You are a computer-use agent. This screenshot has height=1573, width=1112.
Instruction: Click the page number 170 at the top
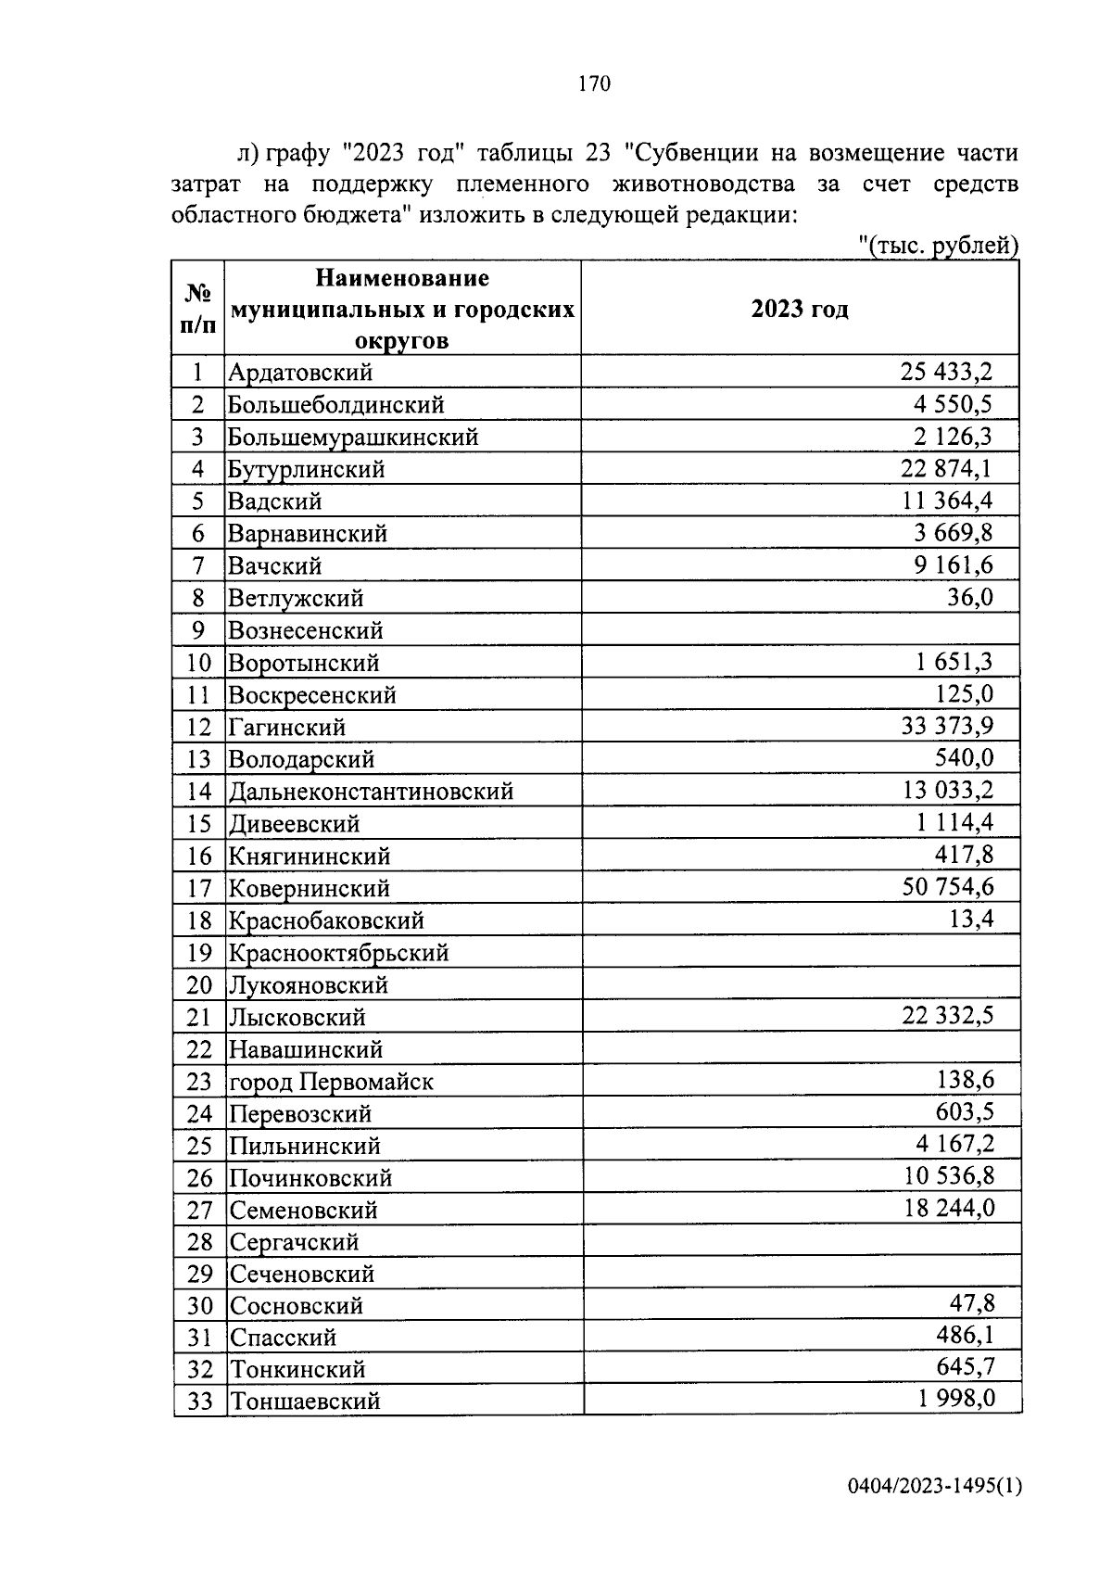[x=594, y=84]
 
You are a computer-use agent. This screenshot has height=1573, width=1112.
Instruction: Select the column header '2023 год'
[x=799, y=309]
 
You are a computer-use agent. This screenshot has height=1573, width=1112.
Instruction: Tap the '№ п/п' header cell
[x=198, y=309]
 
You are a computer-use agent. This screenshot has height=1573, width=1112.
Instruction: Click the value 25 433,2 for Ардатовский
[x=945, y=373]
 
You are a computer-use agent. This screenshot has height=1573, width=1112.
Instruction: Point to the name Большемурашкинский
[x=353, y=437]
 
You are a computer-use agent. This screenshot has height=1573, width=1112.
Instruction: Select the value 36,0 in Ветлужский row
[x=969, y=598]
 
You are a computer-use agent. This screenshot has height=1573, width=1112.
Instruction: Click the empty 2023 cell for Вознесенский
[x=801, y=630]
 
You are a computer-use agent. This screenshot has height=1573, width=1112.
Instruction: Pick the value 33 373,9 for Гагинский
[x=946, y=727]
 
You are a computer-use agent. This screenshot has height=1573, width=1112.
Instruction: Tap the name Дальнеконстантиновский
[x=371, y=792]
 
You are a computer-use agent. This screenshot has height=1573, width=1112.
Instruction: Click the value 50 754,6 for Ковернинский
[x=947, y=887]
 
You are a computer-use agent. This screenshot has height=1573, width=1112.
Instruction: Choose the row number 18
[x=199, y=920]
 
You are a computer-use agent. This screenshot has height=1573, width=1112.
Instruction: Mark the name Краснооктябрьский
[x=339, y=953]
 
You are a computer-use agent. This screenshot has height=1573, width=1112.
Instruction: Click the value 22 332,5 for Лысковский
[x=947, y=1016]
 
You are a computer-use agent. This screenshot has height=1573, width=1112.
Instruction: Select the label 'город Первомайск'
[x=331, y=1082]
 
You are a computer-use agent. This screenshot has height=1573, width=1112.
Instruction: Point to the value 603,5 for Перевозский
[x=964, y=1112]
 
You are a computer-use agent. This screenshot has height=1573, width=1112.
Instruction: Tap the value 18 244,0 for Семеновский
[x=949, y=1209]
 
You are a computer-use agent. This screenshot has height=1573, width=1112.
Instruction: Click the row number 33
[x=200, y=1402]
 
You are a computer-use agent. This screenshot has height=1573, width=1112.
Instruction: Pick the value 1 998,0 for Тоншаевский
[x=956, y=1399]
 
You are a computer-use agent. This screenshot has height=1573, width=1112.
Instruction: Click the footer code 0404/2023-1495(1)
[x=933, y=1488]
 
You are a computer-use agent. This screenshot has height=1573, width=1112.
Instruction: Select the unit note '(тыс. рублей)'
[x=938, y=246]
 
